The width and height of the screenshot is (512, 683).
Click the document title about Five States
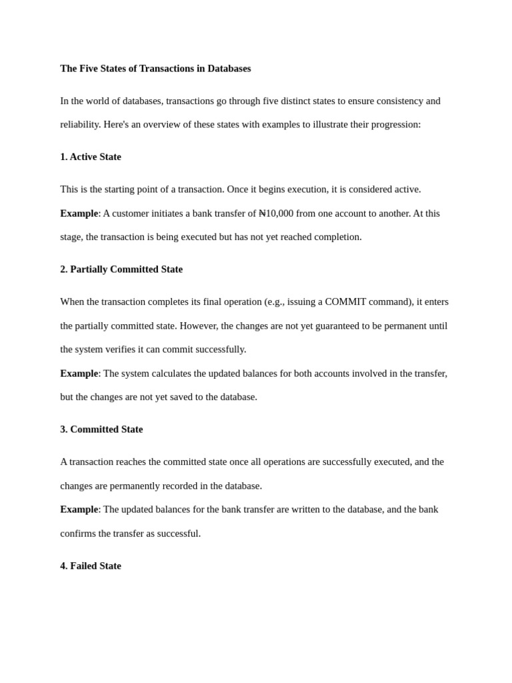point(155,69)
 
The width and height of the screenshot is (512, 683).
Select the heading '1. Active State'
point(91,157)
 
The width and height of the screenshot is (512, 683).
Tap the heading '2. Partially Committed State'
point(121,269)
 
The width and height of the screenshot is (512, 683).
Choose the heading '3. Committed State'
point(101,430)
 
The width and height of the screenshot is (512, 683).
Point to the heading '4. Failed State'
point(91,566)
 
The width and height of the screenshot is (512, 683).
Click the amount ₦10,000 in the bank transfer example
point(276,213)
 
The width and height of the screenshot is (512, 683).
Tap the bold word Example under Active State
point(79,213)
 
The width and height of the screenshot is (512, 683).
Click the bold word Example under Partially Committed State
point(79,374)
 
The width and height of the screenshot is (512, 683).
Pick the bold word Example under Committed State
point(79,510)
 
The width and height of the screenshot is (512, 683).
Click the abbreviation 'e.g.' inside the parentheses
point(275,301)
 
